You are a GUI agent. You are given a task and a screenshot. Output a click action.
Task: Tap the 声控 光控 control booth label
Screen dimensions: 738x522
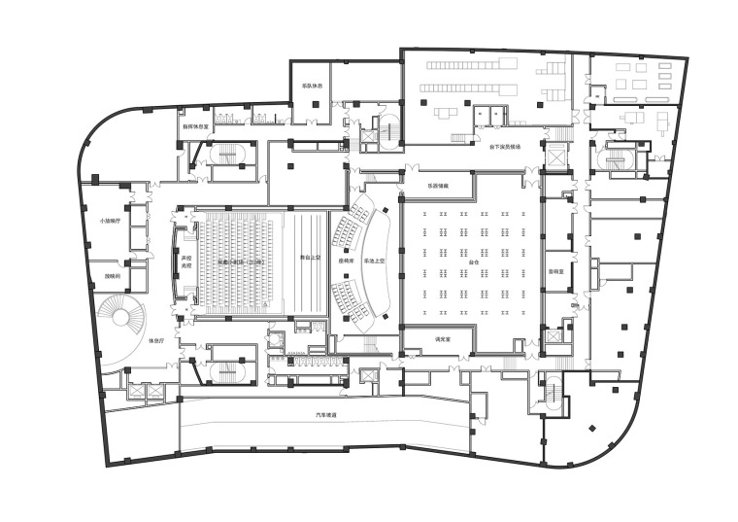coord(185,261)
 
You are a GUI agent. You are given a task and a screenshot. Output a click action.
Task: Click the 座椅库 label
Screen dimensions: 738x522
coord(346,261)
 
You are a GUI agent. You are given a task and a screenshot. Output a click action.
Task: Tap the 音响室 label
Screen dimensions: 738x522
coord(555,272)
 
